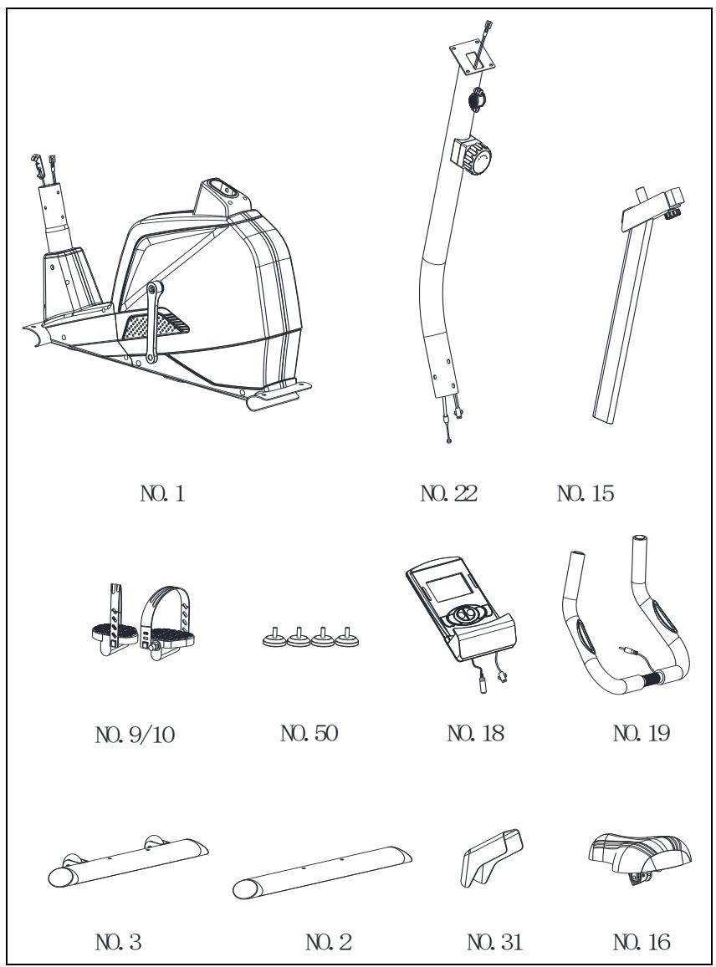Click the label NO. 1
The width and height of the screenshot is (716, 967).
(163, 493)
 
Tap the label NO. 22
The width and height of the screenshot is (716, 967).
(448, 493)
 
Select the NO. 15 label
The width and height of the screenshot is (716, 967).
(586, 493)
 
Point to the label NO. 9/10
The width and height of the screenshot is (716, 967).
(136, 735)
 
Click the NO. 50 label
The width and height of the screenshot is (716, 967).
(309, 733)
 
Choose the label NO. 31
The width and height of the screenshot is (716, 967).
(494, 942)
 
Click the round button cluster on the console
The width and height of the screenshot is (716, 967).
(469, 614)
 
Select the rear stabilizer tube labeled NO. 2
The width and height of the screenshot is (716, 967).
(322, 873)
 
